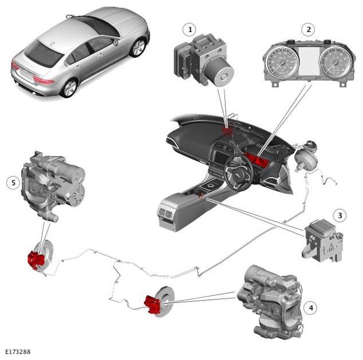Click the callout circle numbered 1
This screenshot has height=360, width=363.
190,30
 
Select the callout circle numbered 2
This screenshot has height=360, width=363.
309,30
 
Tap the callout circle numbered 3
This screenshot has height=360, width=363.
340,215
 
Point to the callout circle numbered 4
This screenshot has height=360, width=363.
310,308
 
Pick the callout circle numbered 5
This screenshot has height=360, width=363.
13,183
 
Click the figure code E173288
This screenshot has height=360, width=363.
18,352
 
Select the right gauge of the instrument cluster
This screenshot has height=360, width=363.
336,62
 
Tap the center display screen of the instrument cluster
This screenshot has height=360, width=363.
309,62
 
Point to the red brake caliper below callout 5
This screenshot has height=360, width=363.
35,260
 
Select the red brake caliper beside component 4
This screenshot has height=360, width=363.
152,304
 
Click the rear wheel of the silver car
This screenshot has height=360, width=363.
70,88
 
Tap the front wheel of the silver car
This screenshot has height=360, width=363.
138,48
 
